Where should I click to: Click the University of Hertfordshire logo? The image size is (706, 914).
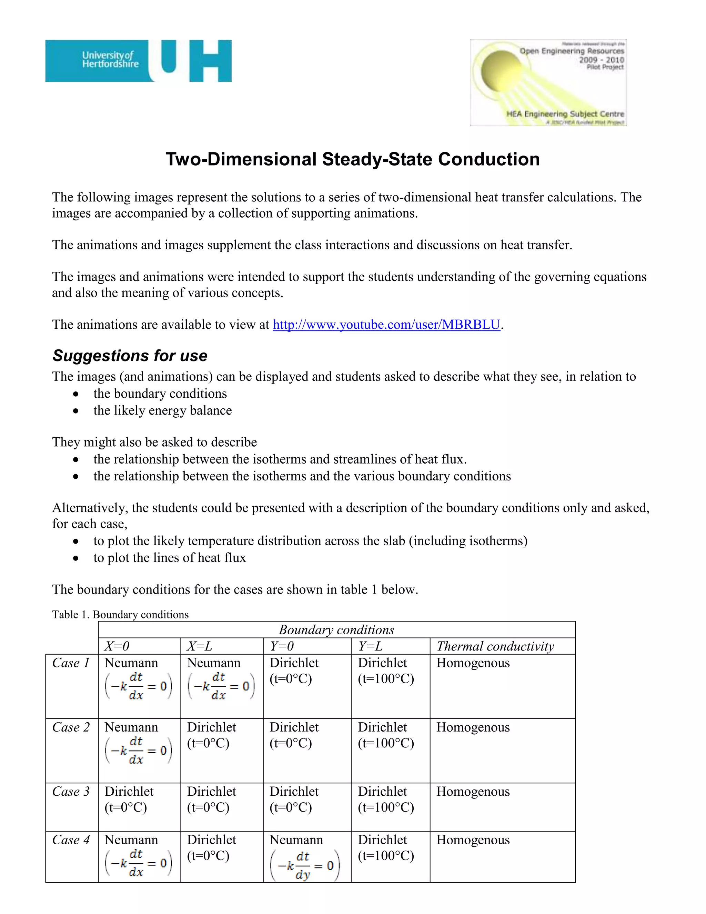click(138, 61)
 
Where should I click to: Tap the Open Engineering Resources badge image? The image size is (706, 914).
click(548, 83)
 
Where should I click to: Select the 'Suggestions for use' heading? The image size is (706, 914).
click(130, 356)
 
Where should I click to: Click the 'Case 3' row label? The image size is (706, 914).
click(71, 792)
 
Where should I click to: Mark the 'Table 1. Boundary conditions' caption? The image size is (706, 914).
click(120, 614)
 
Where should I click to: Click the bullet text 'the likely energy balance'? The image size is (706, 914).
click(163, 410)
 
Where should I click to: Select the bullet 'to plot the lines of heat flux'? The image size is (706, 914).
click(170, 558)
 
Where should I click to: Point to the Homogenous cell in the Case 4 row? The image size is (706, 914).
click(473, 840)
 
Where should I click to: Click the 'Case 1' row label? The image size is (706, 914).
click(71, 663)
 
